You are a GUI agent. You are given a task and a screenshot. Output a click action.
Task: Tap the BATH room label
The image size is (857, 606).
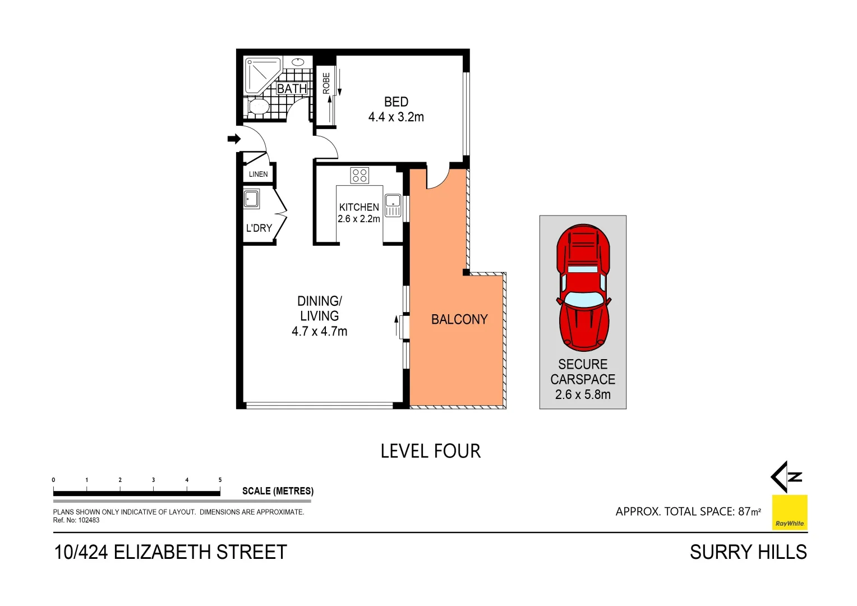click(x=292, y=89)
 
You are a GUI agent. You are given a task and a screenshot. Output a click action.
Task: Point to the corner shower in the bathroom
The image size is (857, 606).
click(x=261, y=75)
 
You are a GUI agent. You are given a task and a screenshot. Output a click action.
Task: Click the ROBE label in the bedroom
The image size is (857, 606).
click(x=326, y=83)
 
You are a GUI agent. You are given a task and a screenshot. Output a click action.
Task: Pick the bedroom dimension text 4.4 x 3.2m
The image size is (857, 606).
click(x=396, y=117)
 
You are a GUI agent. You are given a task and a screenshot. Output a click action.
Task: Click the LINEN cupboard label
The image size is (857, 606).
click(x=258, y=174)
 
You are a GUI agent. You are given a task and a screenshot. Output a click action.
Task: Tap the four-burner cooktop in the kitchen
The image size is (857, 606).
click(x=360, y=175)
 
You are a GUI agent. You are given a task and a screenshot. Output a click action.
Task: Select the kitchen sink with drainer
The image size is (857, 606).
click(x=393, y=205)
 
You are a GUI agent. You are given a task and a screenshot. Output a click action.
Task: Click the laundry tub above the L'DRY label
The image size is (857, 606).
click(x=251, y=199)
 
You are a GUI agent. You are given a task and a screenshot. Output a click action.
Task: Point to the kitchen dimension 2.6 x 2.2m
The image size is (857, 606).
click(x=359, y=219)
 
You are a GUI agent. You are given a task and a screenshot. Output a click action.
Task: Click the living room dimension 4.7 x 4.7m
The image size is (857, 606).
click(x=319, y=332)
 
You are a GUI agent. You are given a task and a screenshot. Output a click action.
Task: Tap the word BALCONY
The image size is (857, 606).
click(x=459, y=319)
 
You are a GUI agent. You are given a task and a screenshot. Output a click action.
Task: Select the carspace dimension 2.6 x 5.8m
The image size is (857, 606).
click(x=583, y=394)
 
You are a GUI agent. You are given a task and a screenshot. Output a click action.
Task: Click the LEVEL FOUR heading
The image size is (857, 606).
click(x=430, y=451)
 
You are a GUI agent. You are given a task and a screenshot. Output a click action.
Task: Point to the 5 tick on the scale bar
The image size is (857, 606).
click(x=220, y=480)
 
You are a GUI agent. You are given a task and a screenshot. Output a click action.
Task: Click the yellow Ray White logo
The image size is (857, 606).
click(x=790, y=512)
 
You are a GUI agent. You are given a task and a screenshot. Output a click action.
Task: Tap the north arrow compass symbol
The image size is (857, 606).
click(x=786, y=477)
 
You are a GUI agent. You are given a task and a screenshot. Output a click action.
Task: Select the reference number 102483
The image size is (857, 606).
click(x=89, y=520)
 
